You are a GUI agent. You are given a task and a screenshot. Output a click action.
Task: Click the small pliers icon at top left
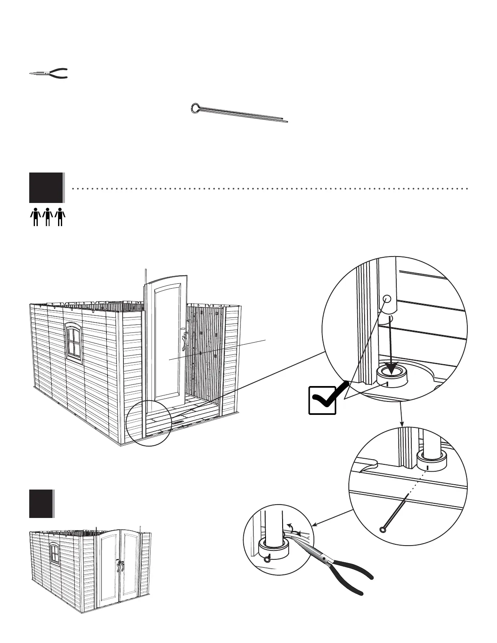[x=48, y=73]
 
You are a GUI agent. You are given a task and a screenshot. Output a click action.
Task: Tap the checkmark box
[x=323, y=400]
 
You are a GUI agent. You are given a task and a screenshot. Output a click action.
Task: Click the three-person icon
[x=48, y=216]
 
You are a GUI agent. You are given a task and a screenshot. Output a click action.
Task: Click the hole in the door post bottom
[x=387, y=299]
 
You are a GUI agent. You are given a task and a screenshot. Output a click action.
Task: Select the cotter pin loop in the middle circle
[x=382, y=529]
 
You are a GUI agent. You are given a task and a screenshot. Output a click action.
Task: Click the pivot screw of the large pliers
[x=323, y=558]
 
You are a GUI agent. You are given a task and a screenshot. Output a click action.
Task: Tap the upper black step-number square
[x=46, y=188]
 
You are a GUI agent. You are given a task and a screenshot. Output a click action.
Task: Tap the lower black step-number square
[x=41, y=503]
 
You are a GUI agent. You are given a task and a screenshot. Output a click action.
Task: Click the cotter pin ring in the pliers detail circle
[x=267, y=560]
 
